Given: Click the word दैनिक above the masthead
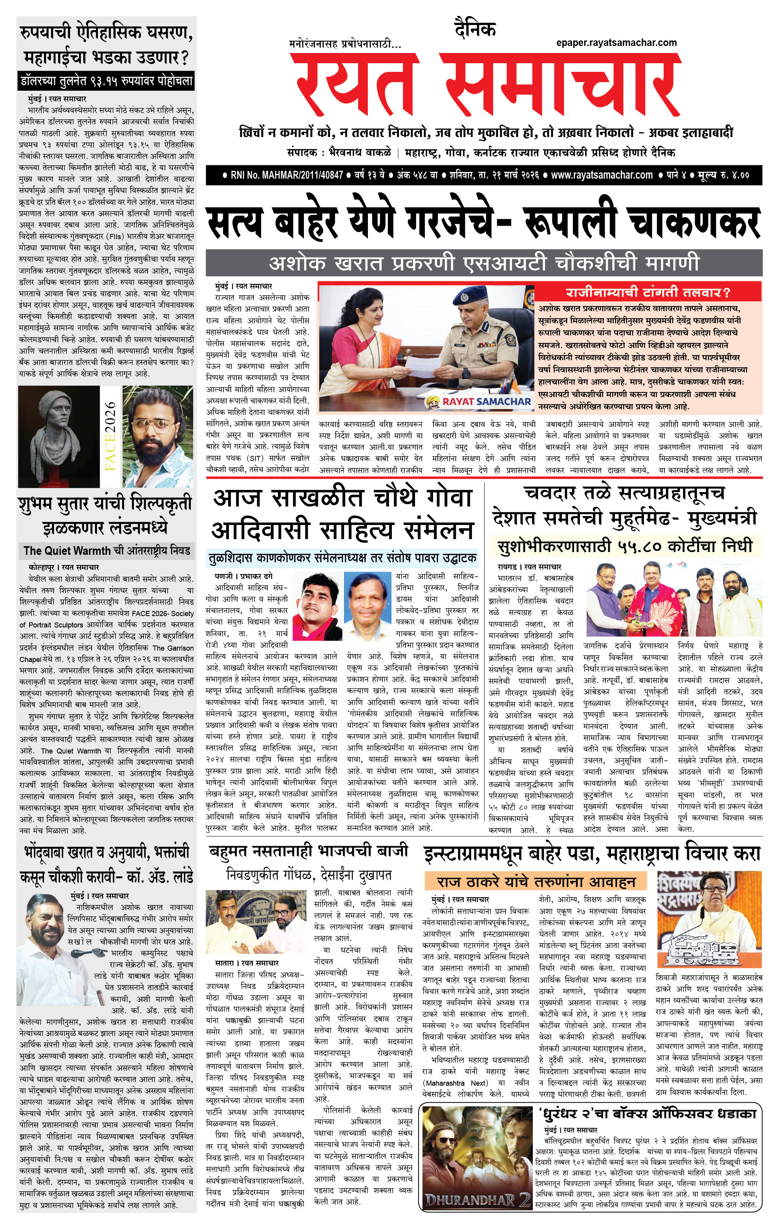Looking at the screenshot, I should [475, 29].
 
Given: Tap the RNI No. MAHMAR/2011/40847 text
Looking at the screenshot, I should [286, 175].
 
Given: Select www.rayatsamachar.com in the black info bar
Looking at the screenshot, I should [602, 175].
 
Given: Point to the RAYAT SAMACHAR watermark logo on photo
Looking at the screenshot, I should [479, 402].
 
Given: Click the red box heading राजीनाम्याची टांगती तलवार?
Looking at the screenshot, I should [648, 293].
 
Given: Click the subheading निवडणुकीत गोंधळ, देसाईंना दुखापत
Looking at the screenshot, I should [309, 875].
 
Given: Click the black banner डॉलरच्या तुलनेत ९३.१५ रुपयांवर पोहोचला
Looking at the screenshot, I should [106, 80].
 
